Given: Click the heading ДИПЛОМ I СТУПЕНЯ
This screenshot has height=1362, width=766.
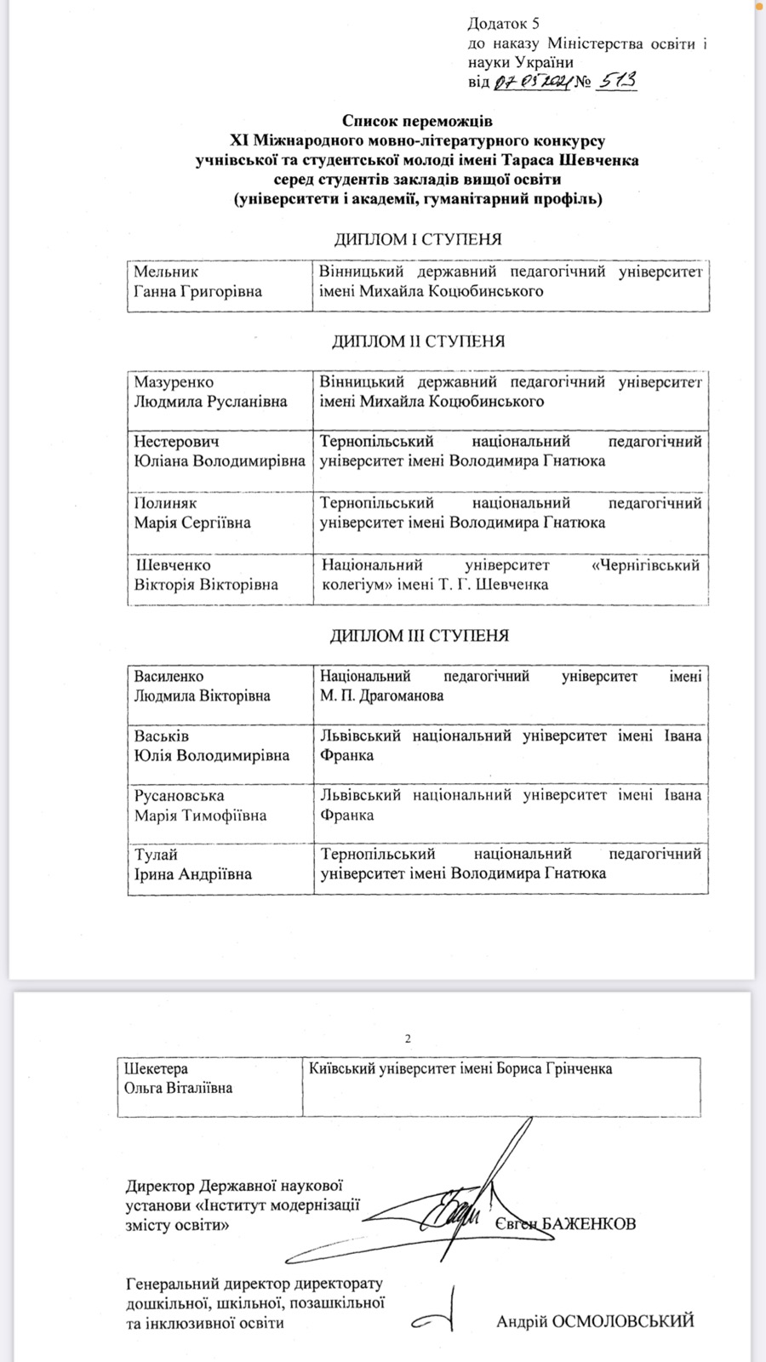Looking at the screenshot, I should pos(417,239).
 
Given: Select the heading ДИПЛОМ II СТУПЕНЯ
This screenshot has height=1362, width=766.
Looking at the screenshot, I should pos(417,341).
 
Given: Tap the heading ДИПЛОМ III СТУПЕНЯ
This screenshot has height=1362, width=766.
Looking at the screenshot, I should pos(419,635).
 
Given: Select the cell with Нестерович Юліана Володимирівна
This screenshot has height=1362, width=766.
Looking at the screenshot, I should pos(220,452).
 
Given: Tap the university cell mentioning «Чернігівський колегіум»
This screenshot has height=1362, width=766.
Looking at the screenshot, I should pos(511,575).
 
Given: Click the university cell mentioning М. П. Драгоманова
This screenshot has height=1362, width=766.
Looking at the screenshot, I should pos(511,686).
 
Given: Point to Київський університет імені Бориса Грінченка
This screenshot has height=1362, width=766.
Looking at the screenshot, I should pos(460,1068).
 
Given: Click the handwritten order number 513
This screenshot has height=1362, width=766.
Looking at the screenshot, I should pos(618,81).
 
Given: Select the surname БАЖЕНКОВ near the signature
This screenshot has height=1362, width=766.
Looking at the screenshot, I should pos(588,1224).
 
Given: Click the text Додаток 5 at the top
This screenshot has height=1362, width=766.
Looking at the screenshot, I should pos(504,24).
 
